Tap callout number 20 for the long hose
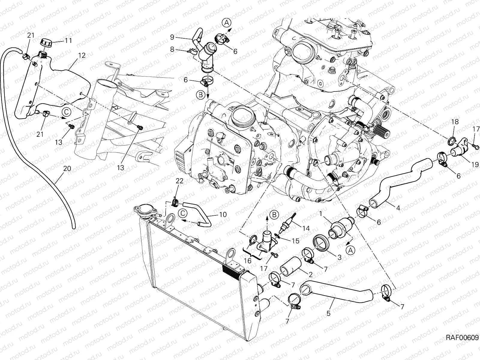click(x=67, y=169)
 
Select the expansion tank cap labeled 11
click(x=46, y=43)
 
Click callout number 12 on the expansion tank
click(x=82, y=55)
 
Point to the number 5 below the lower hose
click(x=328, y=313)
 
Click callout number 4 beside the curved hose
click(x=398, y=208)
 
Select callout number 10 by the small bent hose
click(x=223, y=215)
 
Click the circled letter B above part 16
click(x=274, y=215)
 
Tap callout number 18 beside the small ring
click(x=455, y=121)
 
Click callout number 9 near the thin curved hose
click(x=172, y=37)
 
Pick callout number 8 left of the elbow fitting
click(x=172, y=49)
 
